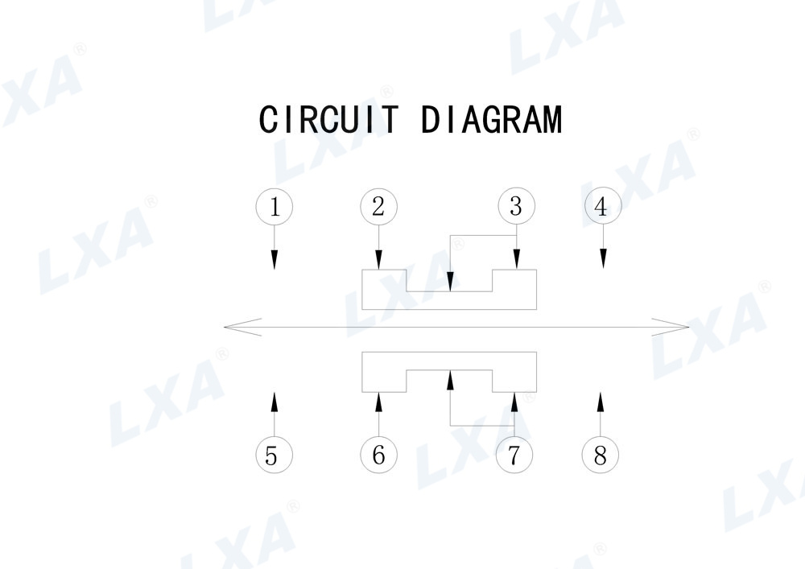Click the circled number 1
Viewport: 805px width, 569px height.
pos(274,207)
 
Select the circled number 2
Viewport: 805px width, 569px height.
pos(378,207)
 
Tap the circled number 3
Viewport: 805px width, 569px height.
pos(516,207)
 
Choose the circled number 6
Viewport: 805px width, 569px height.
pos(378,456)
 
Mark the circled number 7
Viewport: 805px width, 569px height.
pos(514,456)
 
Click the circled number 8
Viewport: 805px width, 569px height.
pos(600,456)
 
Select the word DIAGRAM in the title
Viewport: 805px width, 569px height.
pos(491,120)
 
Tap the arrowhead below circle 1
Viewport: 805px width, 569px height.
pos(274,259)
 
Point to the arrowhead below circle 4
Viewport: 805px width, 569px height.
pos(603,259)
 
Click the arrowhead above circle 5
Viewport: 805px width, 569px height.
pos(274,400)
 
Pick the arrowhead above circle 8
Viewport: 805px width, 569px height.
pos(600,400)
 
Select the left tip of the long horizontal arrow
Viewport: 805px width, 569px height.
pos(225,327)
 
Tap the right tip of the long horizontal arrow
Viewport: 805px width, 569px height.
pos(688,327)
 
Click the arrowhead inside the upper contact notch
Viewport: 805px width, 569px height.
pos(450,282)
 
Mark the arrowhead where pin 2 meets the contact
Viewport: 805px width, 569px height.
pos(378,262)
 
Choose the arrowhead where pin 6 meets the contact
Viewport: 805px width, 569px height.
pos(378,401)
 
